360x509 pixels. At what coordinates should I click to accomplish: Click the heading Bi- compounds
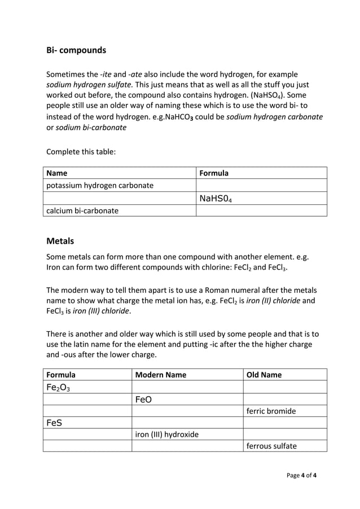coord(76,50)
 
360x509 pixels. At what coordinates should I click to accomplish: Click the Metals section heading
coord(60,241)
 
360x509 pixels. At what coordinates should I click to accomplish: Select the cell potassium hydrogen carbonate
coord(99,186)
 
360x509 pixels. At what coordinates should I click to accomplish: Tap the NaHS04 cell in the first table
coord(215,198)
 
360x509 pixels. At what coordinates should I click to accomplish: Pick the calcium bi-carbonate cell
coord(82,210)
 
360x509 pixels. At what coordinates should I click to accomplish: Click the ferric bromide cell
coord(271,411)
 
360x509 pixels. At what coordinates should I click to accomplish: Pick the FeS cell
coord(54,423)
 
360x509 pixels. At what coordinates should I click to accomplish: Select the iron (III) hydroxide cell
coord(167,435)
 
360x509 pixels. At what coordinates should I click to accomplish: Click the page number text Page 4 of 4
coord(301,475)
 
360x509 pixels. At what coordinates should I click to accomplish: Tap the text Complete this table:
coord(81,151)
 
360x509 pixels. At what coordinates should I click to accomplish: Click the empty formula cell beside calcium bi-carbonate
coord(261,210)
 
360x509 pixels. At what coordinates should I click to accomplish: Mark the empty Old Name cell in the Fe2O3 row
coord(285,387)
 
